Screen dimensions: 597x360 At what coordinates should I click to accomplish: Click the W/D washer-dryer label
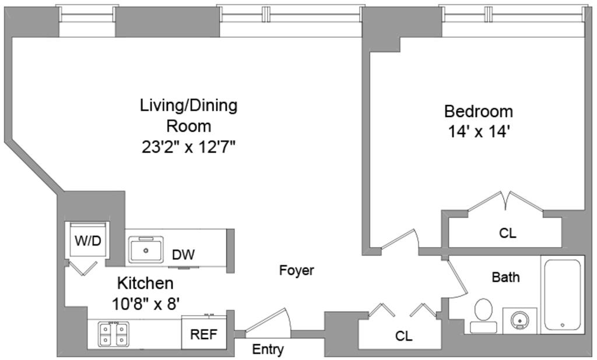pyautogui.click(x=88, y=241)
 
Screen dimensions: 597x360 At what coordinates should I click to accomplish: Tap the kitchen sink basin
pyautogui.click(x=146, y=250)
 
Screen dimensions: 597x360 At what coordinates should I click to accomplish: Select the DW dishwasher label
pyautogui.click(x=183, y=255)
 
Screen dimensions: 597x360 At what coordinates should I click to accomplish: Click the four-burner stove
pyautogui.click(x=114, y=334)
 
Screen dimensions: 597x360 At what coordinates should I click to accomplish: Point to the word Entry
pyautogui.click(x=268, y=348)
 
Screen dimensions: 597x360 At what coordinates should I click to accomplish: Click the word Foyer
pyautogui.click(x=297, y=270)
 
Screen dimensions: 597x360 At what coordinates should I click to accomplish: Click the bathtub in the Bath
pyautogui.click(x=563, y=295)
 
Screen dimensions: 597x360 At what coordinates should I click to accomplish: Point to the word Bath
pyautogui.click(x=505, y=277)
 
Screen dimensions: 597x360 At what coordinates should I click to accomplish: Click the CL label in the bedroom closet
pyautogui.click(x=508, y=233)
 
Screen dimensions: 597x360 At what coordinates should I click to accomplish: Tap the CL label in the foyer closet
pyautogui.click(x=404, y=336)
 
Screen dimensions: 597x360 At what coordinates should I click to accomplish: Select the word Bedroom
pyautogui.click(x=479, y=111)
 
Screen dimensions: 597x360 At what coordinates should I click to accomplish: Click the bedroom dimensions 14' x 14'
pyautogui.click(x=479, y=132)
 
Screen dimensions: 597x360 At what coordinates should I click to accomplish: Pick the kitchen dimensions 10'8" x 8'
pyautogui.click(x=145, y=303)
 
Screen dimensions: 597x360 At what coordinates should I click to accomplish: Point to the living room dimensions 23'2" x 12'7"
pyautogui.click(x=189, y=147)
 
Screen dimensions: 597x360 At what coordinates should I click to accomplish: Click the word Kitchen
pyautogui.click(x=145, y=284)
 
